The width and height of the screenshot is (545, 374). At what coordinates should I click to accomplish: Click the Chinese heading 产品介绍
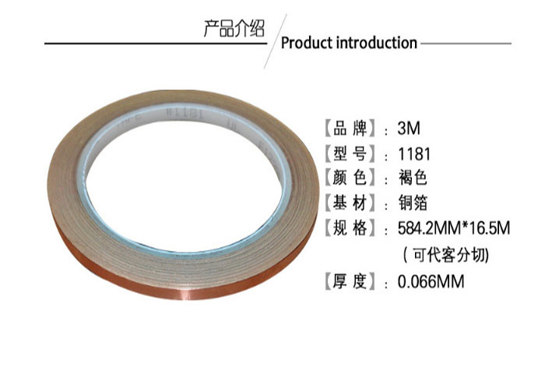tap(234, 29)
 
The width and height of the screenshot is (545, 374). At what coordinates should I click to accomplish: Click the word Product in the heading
tap(307, 43)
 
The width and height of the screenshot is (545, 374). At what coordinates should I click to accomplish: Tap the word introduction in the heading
tap(377, 43)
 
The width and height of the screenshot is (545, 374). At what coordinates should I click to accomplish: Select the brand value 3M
tap(409, 128)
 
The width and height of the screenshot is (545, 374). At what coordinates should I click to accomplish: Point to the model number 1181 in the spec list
tap(414, 154)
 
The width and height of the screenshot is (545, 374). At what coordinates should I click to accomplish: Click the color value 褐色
tap(413, 178)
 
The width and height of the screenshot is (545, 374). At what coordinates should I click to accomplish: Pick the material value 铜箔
tap(413, 203)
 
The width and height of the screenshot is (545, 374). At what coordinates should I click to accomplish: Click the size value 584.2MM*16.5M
tap(454, 228)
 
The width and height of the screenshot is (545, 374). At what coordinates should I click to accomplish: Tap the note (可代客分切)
tap(446, 255)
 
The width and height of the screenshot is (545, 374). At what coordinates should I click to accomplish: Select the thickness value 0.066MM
tap(431, 281)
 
